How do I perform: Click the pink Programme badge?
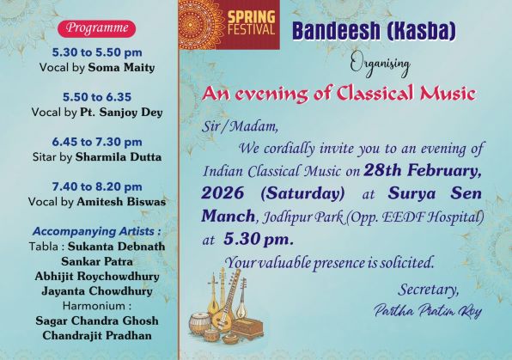[x=97, y=28]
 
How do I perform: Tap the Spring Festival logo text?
[x=251, y=22]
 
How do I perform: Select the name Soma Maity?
[x=121, y=68]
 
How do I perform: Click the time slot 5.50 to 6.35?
[x=97, y=97]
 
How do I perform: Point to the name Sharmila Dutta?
[x=119, y=157]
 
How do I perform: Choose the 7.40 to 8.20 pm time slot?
[x=97, y=186]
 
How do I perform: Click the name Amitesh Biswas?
[x=121, y=202]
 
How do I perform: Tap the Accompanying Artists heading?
[x=97, y=231]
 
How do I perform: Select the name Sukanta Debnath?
[x=116, y=247]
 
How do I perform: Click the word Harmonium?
[x=94, y=306]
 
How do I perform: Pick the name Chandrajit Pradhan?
[x=97, y=335]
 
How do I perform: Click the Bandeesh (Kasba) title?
[x=374, y=32]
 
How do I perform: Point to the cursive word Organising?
[x=380, y=64]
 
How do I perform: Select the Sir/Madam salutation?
[x=240, y=126]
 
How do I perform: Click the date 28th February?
[x=423, y=171]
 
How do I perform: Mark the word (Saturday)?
[x=302, y=193]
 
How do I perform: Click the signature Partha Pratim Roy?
[x=428, y=310]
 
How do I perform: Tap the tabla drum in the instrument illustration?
[x=200, y=323]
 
